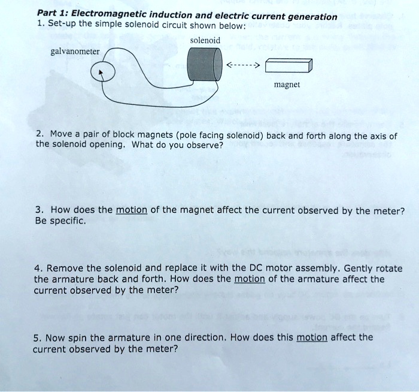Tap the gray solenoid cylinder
coord(201,65)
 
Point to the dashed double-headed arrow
coord(242,65)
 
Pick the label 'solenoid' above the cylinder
coord(205,40)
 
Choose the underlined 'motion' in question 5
coord(311,337)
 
